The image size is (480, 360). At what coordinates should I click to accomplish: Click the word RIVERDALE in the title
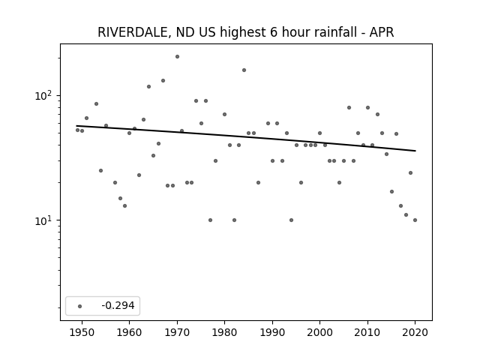click(x=133, y=32)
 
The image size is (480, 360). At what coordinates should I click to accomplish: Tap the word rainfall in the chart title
click(x=337, y=32)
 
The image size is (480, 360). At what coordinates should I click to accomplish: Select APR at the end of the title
click(x=382, y=32)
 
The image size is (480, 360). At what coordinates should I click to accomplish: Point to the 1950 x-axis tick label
click(x=82, y=332)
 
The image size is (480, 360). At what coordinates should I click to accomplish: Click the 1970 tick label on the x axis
click(x=177, y=332)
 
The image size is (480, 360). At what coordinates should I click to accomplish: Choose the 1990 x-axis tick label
click(x=272, y=332)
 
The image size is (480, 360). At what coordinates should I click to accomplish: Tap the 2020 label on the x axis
click(x=415, y=332)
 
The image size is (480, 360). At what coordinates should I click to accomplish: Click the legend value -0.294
click(x=118, y=305)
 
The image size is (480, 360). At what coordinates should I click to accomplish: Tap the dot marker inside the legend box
click(x=80, y=306)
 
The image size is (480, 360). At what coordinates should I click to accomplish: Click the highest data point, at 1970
click(x=177, y=57)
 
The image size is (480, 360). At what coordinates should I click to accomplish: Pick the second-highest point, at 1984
click(x=244, y=70)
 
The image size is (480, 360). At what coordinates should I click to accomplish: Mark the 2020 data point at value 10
click(x=415, y=220)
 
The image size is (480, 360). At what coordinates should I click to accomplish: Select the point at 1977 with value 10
click(x=210, y=220)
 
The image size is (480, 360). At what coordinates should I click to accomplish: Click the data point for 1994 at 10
click(x=291, y=220)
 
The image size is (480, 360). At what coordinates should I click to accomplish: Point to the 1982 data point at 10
click(x=234, y=220)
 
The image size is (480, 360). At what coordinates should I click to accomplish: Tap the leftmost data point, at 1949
click(x=77, y=130)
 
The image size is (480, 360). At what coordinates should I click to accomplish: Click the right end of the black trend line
click(x=415, y=151)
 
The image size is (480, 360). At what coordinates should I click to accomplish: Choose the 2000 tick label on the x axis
click(x=320, y=332)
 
